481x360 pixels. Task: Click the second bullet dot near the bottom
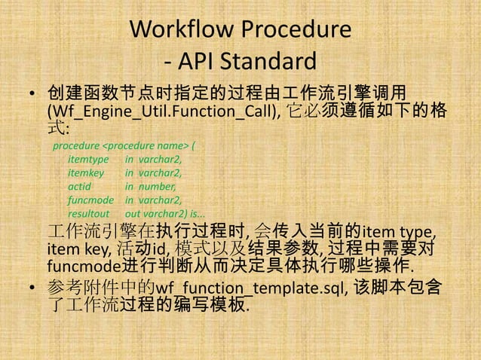coord(32,289)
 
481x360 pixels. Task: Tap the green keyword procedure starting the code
coord(75,145)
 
